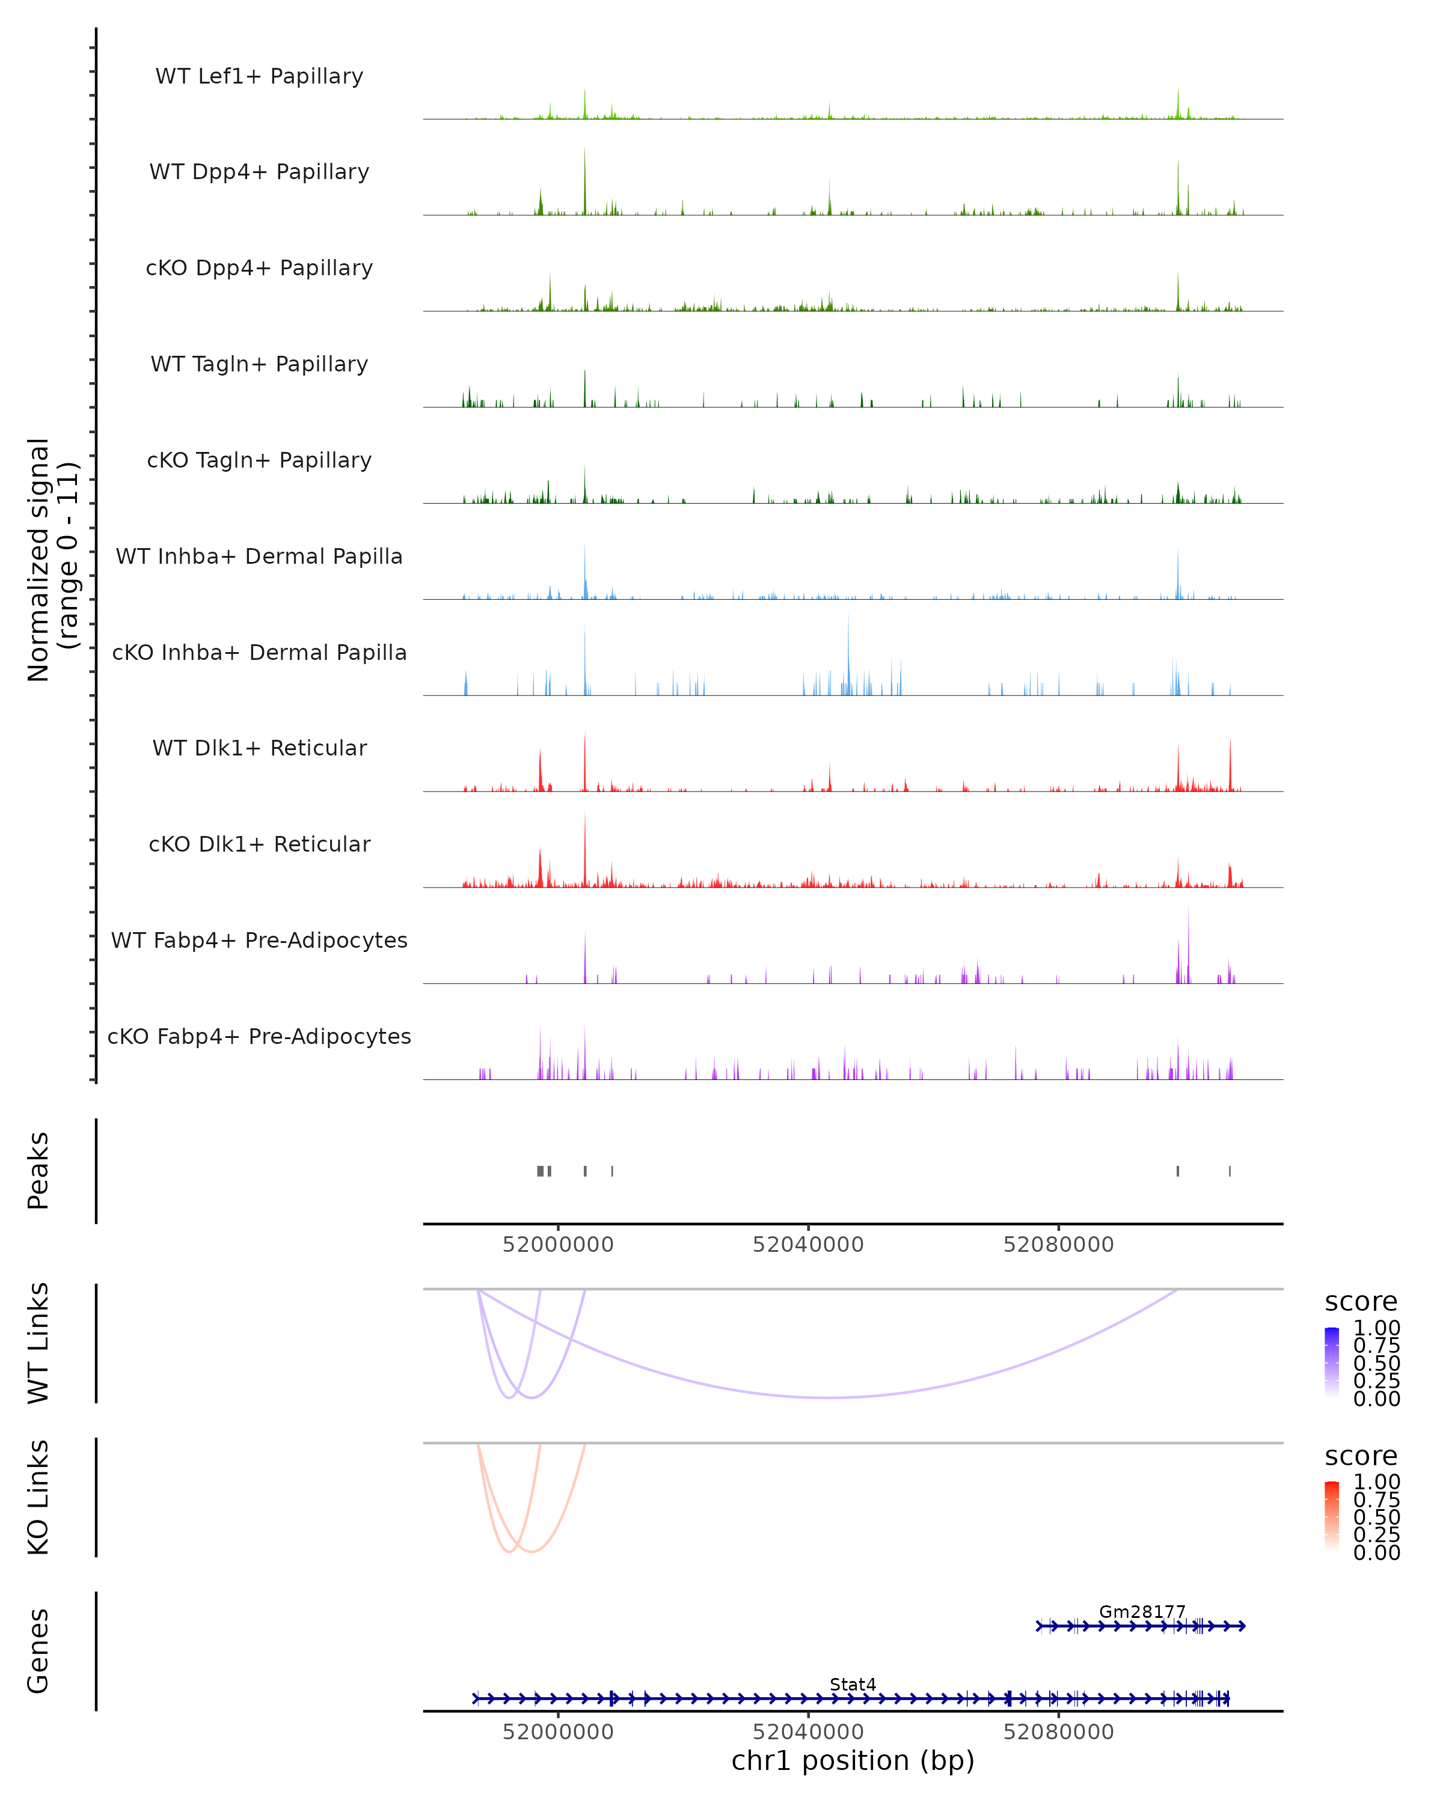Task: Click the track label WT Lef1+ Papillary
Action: pos(259,76)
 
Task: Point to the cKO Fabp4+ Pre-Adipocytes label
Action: pos(259,1036)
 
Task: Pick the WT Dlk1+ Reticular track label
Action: pos(259,748)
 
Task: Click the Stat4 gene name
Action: pos(853,1684)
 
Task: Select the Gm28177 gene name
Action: pos(1142,1611)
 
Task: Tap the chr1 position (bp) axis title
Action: pos(853,1760)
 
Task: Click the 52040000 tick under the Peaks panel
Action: pos(808,1245)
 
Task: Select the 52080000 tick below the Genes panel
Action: pos(1058,1732)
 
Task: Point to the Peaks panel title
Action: pos(38,1171)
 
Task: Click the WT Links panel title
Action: pos(38,1343)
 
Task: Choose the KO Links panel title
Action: pos(38,1498)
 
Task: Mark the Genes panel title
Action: pos(38,1651)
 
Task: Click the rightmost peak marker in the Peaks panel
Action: pos(1230,1171)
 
